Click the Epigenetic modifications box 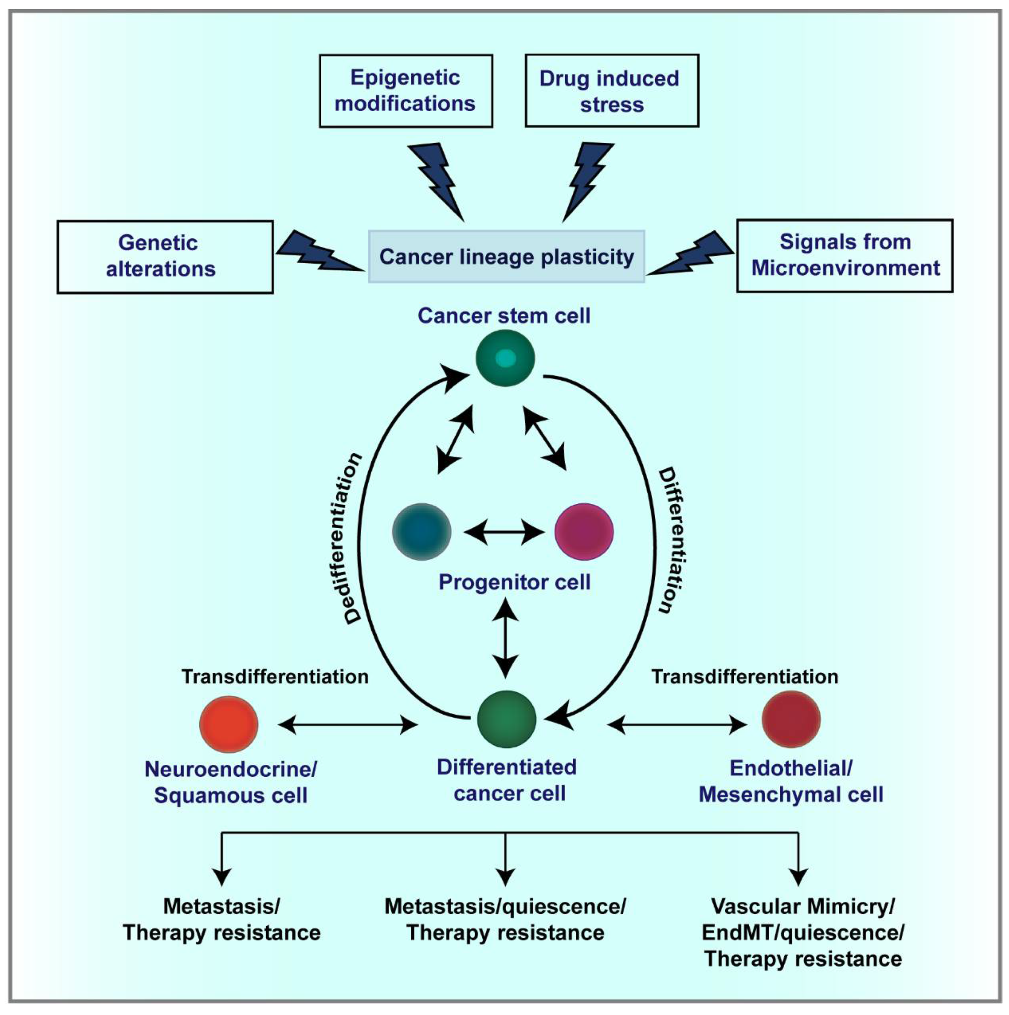406,91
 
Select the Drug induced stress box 612,91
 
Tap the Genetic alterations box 165,257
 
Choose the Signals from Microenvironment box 844,255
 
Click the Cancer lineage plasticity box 506,257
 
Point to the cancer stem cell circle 505,358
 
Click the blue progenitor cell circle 422,532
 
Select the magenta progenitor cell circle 584,532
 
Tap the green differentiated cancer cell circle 506,719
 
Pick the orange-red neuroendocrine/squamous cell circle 228,724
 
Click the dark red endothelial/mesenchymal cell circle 791,719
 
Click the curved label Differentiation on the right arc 672,540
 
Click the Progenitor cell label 514,582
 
